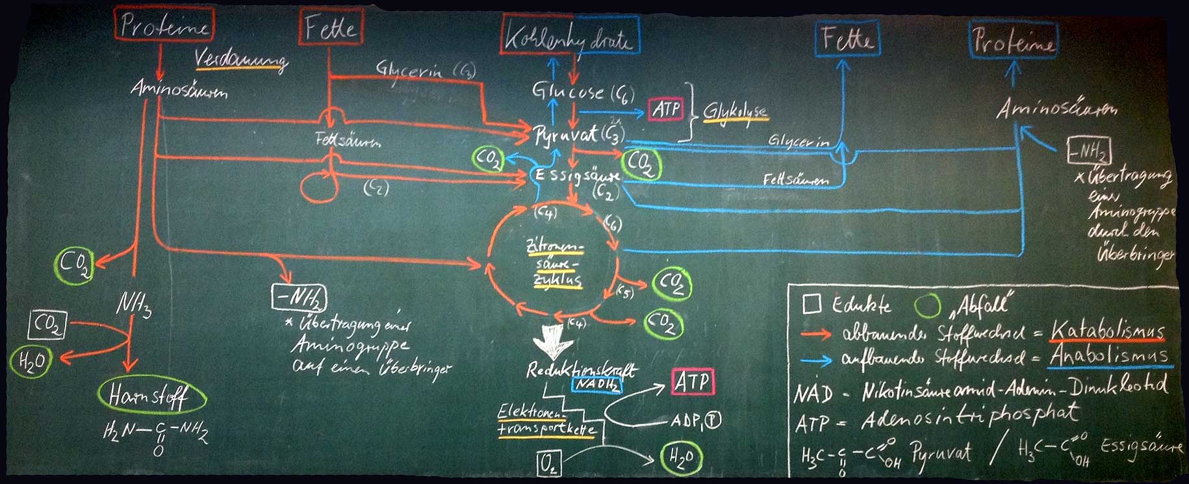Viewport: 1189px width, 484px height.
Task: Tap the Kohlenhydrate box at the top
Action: [570, 35]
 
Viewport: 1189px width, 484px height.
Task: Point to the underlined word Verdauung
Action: [241, 59]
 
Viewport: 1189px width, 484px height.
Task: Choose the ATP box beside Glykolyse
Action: [666, 108]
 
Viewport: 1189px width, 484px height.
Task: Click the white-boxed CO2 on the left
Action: [47, 324]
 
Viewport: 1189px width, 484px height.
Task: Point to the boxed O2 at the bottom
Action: [549, 464]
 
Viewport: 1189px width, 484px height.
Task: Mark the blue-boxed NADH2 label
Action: [596, 384]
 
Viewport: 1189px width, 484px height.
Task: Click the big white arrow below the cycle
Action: [552, 340]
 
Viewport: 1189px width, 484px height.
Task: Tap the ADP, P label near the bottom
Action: [695, 421]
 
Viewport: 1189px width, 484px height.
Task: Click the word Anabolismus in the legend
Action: [1108, 356]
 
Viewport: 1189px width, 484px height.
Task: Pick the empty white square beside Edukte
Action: [812, 303]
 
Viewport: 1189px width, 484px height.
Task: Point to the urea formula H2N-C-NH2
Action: [156, 433]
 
